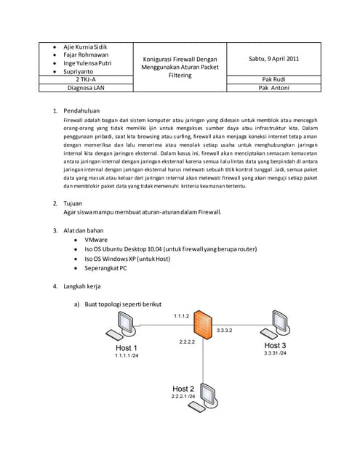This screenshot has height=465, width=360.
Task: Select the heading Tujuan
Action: tap(75, 203)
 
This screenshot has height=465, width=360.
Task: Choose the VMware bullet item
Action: tap(97, 239)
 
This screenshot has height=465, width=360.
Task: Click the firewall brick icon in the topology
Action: tap(205, 325)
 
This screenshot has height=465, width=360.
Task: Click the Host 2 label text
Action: tap(183, 389)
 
